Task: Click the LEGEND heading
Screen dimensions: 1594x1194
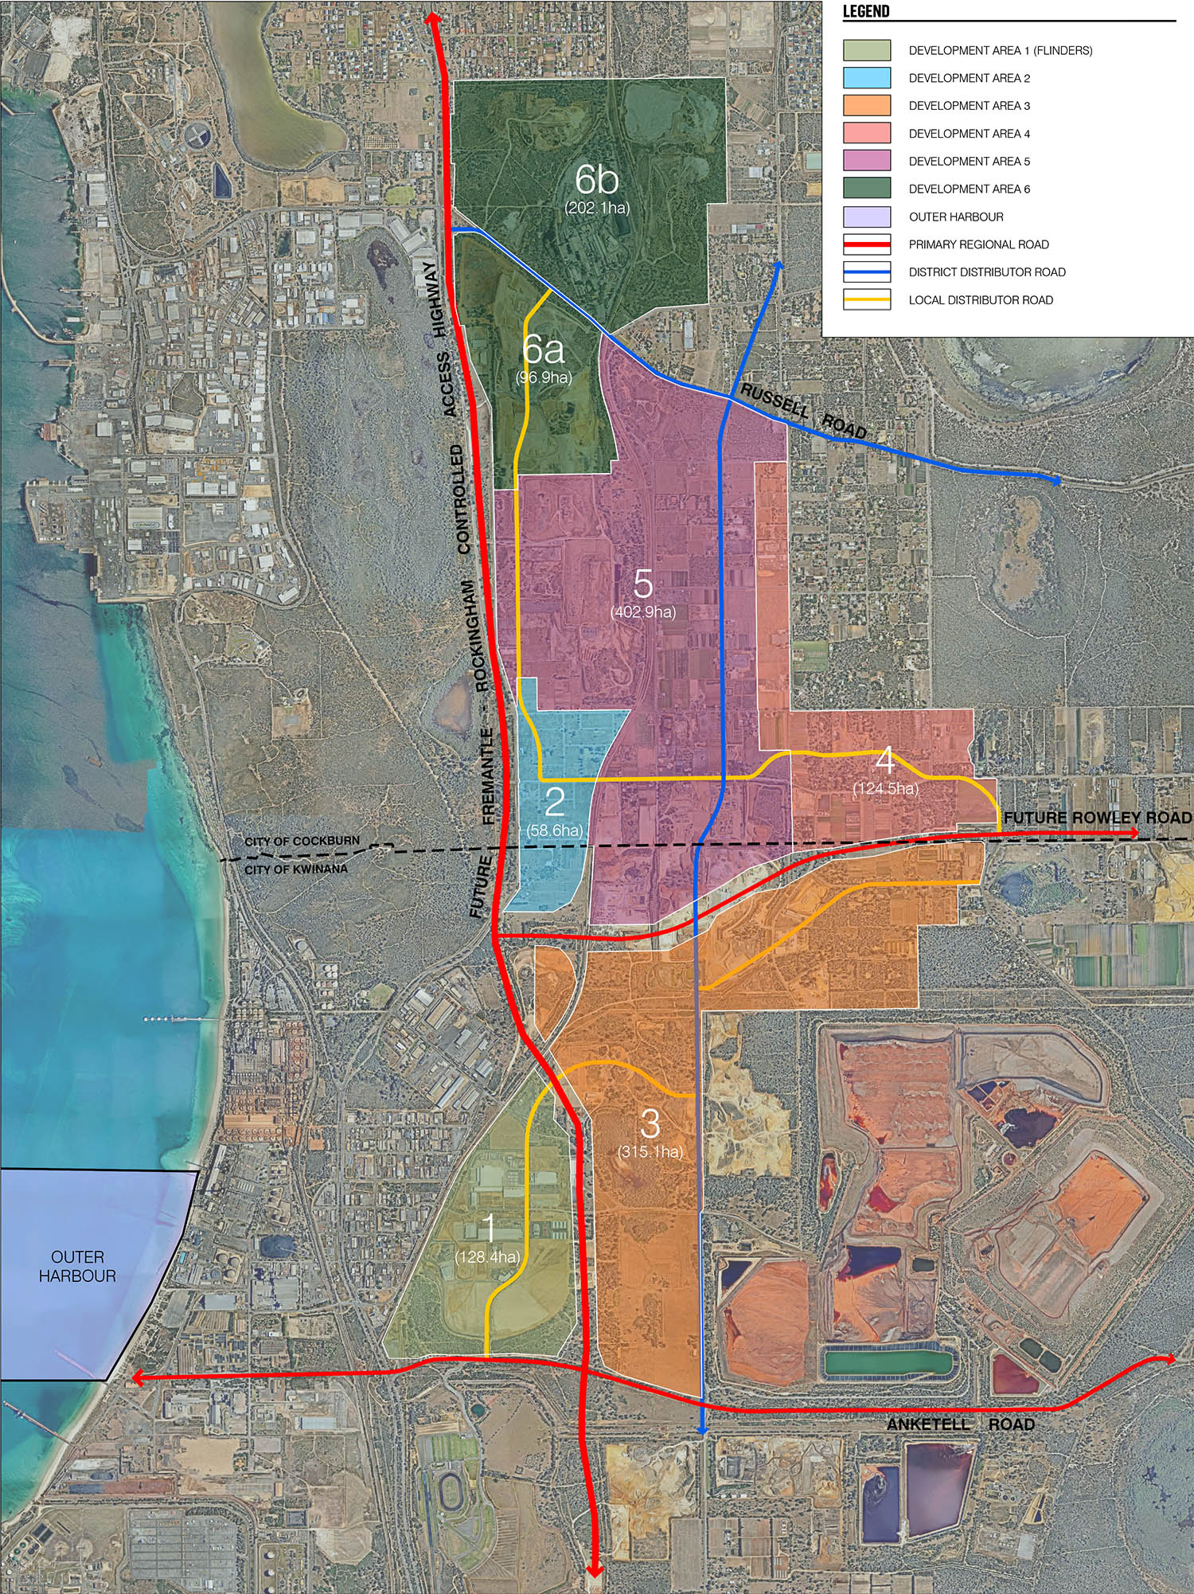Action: pos(865,11)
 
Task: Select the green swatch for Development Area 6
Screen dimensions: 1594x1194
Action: pos(867,189)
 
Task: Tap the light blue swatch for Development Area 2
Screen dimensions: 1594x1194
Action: pos(867,78)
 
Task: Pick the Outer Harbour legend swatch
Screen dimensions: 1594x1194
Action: pos(867,217)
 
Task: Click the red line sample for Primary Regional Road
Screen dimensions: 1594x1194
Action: pos(867,244)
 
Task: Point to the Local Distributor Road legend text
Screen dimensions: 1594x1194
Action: pos(981,300)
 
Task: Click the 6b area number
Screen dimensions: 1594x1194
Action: pos(596,179)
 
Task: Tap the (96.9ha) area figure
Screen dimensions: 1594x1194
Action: pos(544,377)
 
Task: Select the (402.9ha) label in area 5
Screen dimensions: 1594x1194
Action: pos(642,611)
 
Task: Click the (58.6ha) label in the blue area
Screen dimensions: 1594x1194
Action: pos(554,830)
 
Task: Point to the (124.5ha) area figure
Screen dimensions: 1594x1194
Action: pos(885,789)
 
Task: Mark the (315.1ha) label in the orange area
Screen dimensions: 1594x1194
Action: pos(650,1151)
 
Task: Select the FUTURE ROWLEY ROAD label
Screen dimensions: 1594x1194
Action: pos(1097,818)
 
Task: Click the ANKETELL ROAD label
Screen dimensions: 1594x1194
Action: pos(960,1424)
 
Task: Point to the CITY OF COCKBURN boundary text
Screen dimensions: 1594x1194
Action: pos(302,842)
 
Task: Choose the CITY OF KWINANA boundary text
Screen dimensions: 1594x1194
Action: pos(295,869)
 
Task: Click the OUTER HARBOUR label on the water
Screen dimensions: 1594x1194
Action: pos(77,1266)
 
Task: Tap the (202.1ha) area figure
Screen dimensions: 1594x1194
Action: pos(597,208)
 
